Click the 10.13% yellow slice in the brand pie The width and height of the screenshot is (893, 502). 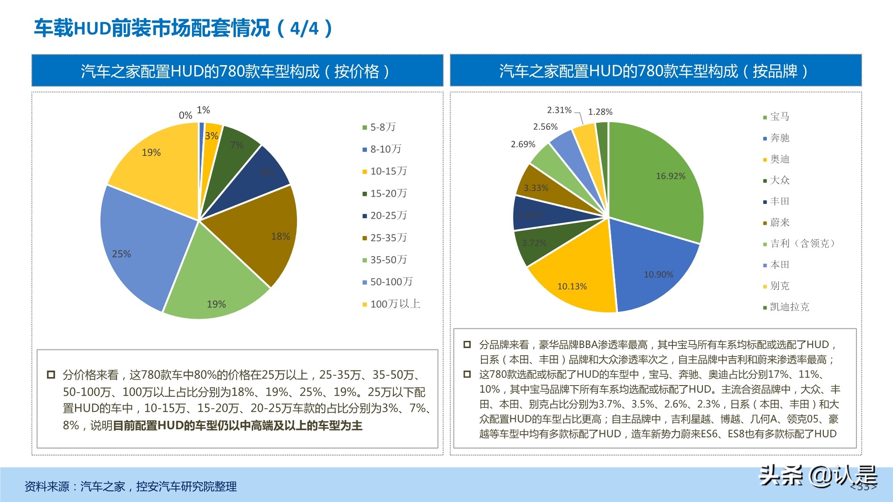coord(576,281)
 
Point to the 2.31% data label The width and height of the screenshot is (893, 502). coord(559,110)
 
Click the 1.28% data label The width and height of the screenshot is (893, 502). coord(600,112)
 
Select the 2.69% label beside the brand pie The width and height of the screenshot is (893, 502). coord(523,144)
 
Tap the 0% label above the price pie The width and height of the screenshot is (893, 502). coord(185,115)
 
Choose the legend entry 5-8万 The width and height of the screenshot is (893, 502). coord(382,127)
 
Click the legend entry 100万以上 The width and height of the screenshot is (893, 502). coord(395,304)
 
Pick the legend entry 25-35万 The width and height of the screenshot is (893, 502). coord(388,238)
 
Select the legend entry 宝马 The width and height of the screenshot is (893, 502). coord(779,116)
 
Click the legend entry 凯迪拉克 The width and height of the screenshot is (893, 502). coord(789,307)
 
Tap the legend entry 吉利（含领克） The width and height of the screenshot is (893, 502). coord(802,243)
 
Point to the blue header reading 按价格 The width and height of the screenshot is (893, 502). coord(237,71)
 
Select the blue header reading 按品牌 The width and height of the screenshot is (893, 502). coord(655,71)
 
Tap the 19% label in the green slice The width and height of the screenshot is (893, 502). coord(216,304)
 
